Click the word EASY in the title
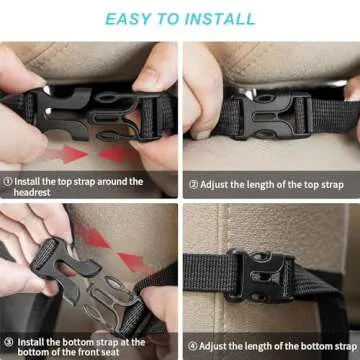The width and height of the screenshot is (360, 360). point(126,18)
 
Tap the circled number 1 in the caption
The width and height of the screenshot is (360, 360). point(8,182)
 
